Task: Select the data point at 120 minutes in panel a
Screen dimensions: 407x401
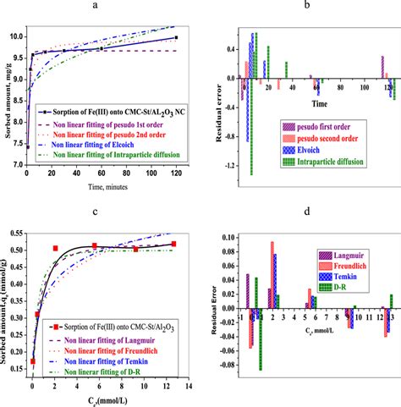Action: click(x=176, y=37)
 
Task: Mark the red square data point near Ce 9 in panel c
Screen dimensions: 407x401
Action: click(x=135, y=249)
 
